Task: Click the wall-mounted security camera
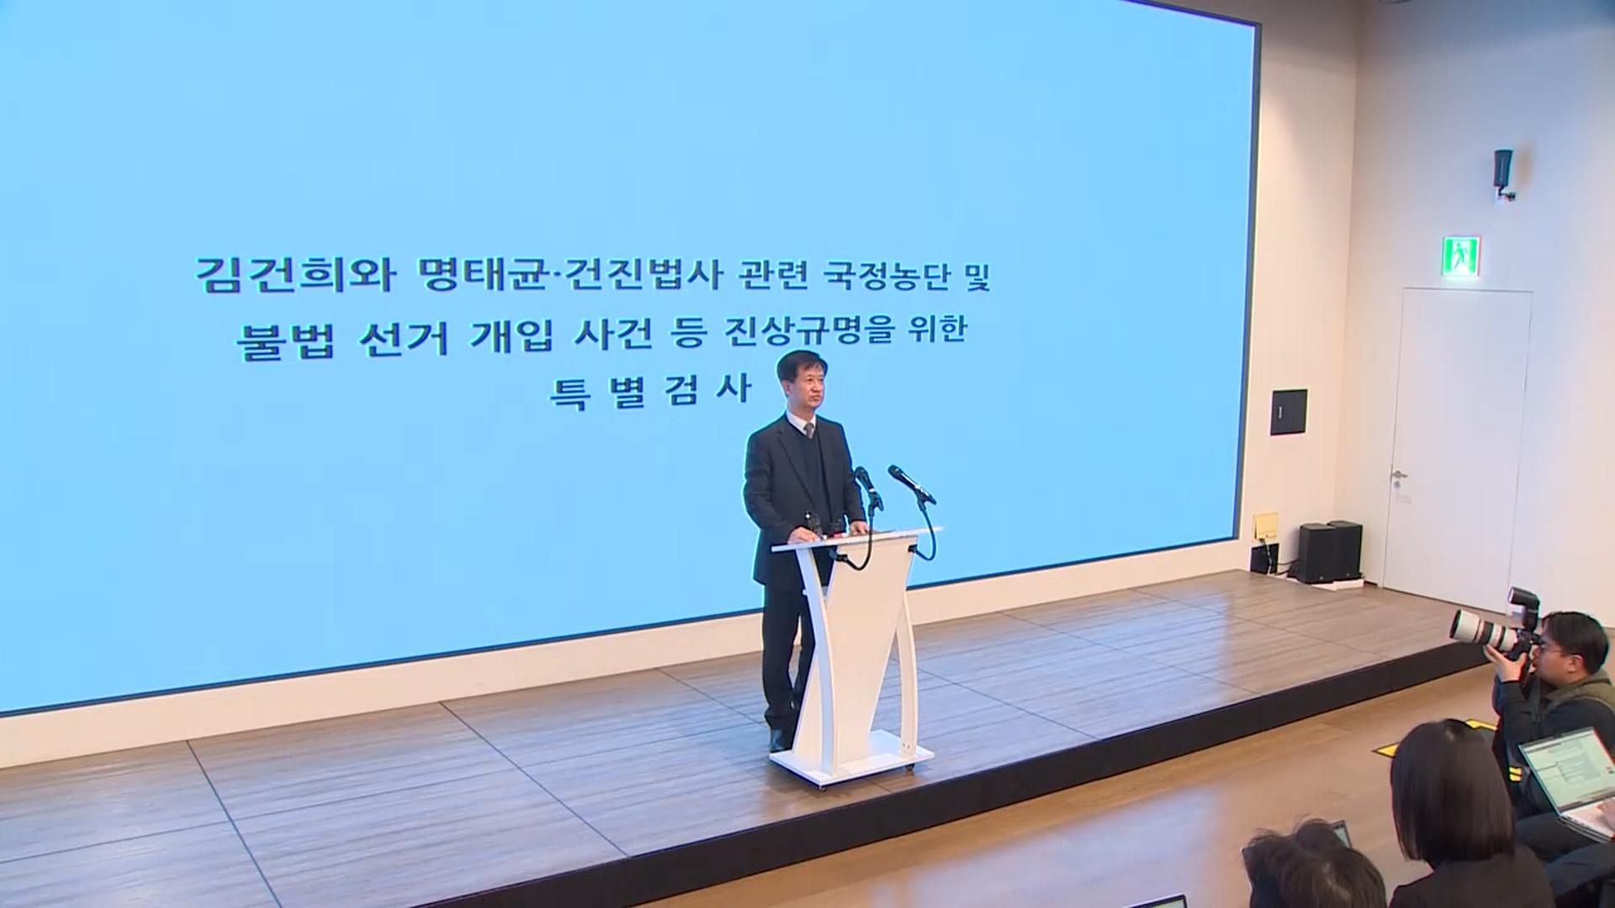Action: (x=1503, y=174)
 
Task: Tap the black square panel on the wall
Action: (x=1289, y=412)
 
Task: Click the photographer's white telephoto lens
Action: (x=1480, y=630)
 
